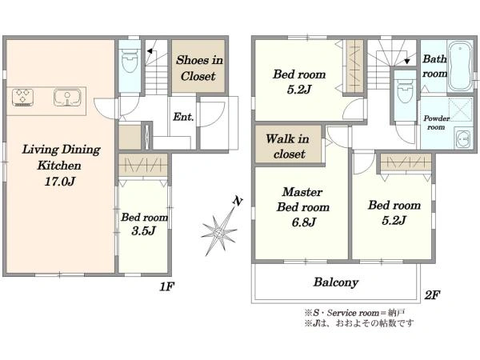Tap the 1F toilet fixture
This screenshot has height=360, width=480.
coord(130,62)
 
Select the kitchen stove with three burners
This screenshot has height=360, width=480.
coord(22,98)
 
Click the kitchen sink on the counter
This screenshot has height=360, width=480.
coord(67,98)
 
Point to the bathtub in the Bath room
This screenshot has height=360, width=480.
coord(460,66)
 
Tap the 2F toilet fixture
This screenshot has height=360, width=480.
coord(404,91)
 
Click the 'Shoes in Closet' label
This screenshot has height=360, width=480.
coord(199,68)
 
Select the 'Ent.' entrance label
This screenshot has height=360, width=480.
coord(183,117)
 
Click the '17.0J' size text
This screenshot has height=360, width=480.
coord(60,182)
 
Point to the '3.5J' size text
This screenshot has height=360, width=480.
coord(143,230)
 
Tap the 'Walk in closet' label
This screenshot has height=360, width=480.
coord(288,146)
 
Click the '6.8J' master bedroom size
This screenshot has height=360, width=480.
coord(303,222)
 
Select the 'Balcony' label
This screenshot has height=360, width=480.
coord(335,282)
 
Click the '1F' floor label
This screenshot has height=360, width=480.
coord(167,287)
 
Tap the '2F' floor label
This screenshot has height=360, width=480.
coord(432,294)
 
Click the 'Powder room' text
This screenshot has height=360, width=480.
coord(436,122)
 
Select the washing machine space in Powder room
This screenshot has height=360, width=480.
coord(461,110)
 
